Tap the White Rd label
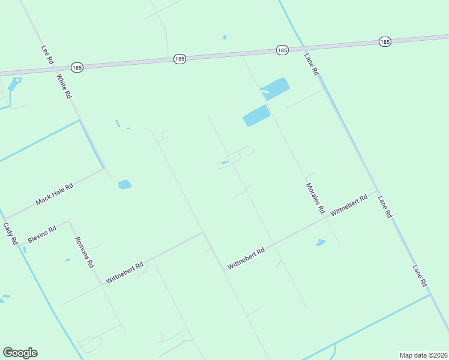pyautogui.click(x=64, y=86)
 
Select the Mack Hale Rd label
pyautogui.click(x=54, y=194)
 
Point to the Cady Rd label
pyautogui.click(x=10, y=233)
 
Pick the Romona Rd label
pyautogui.click(x=84, y=252)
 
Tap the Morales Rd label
pyautogui.click(x=315, y=199)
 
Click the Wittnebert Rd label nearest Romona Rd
pyautogui.click(x=125, y=272)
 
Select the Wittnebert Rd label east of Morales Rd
pyautogui.click(x=349, y=206)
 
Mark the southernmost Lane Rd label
pyautogui.click(x=419, y=275)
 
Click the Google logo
pyautogui.click(x=20, y=353)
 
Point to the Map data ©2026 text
pyautogui.click(x=423, y=355)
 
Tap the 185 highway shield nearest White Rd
pyautogui.click(x=76, y=68)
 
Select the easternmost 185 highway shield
pyautogui.click(x=385, y=41)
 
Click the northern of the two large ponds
pyautogui.click(x=276, y=89)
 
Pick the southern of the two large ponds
pyautogui.click(x=256, y=115)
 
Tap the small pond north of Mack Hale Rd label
pyautogui.click(x=125, y=184)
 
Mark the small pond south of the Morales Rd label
pyautogui.click(x=321, y=243)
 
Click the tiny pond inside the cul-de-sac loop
pyautogui.click(x=224, y=162)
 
